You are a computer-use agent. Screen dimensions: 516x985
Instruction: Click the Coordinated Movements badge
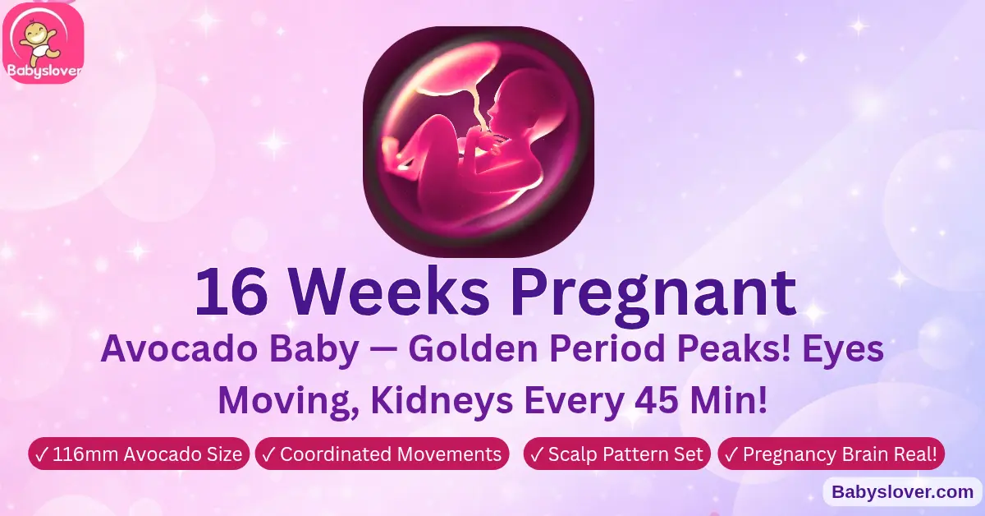tap(381, 454)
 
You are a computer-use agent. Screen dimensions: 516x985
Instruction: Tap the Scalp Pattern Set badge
tap(616, 454)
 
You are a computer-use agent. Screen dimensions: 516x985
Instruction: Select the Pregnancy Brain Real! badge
tap(831, 454)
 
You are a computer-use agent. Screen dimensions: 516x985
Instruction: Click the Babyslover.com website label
tap(902, 492)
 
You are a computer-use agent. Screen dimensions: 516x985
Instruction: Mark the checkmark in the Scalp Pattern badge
tap(538, 454)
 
